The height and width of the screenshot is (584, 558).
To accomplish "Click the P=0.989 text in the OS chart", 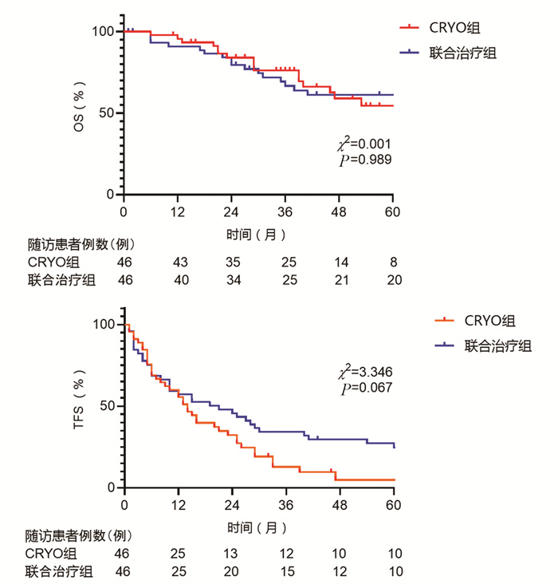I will click(365, 160).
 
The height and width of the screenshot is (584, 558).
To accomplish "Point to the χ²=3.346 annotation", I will click(363, 372).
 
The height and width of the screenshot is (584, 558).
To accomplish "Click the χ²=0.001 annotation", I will click(363, 144).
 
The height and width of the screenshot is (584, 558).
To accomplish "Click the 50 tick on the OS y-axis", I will click(107, 113).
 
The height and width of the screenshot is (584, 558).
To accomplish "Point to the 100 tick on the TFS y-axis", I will click(104, 324).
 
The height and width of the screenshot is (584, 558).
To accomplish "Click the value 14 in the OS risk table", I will click(340, 262).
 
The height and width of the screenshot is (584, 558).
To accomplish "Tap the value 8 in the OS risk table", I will click(393, 262).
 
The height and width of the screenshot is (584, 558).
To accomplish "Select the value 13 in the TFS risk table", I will click(231, 554).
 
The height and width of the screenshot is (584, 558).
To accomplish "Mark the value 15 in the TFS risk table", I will click(285, 571).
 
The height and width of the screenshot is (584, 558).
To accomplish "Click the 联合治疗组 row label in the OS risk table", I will click(58, 279).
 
